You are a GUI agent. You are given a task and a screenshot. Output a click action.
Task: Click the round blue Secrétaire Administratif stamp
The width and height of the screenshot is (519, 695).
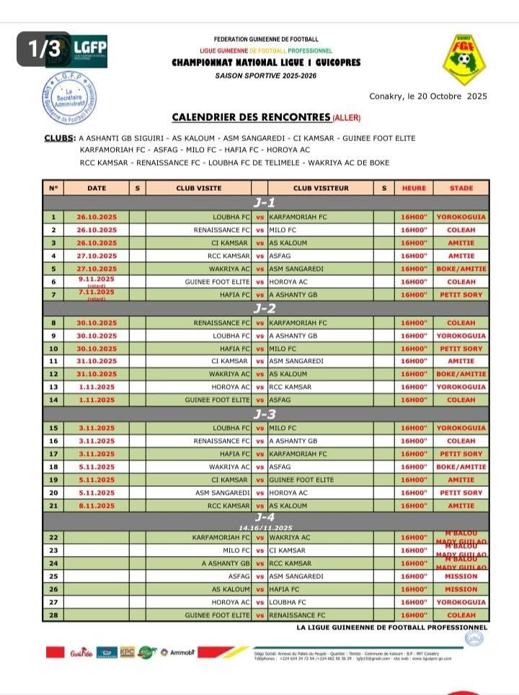71,99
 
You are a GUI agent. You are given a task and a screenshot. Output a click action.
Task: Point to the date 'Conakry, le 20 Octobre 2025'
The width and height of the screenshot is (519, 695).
428,96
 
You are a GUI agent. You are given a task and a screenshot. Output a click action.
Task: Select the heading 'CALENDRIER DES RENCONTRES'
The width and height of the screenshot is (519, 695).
251,117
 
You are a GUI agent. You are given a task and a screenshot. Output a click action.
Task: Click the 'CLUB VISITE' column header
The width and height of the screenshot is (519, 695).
199,189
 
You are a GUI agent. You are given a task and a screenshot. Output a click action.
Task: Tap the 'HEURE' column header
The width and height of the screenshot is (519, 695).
414,189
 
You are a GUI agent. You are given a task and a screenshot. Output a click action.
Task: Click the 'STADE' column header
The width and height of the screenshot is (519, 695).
461,189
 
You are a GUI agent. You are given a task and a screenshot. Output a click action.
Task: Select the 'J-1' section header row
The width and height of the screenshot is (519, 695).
265,203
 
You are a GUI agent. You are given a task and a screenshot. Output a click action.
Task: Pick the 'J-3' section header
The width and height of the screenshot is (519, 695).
265,414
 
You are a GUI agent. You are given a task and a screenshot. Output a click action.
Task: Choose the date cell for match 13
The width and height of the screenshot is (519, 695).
96,387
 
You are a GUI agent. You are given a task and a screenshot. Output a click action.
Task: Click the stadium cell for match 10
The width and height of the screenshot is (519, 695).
461,349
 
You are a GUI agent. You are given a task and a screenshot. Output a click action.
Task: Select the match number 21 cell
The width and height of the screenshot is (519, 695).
53,506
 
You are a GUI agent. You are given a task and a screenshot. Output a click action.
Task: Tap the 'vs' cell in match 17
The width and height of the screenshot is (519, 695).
260,454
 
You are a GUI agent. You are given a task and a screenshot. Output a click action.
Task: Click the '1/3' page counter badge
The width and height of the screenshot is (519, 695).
44,48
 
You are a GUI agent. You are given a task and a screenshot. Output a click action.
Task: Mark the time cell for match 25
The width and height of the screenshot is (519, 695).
414,576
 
